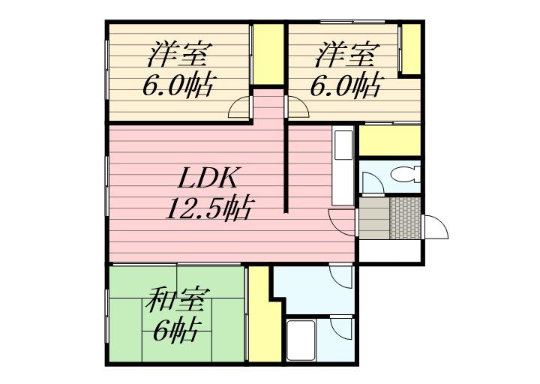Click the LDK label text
point(208,179)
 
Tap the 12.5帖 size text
point(208,208)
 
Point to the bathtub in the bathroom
point(301,340)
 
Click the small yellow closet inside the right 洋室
point(409,49)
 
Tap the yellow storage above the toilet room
point(389,139)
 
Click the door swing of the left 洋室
point(241,109)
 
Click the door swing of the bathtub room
point(341,328)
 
